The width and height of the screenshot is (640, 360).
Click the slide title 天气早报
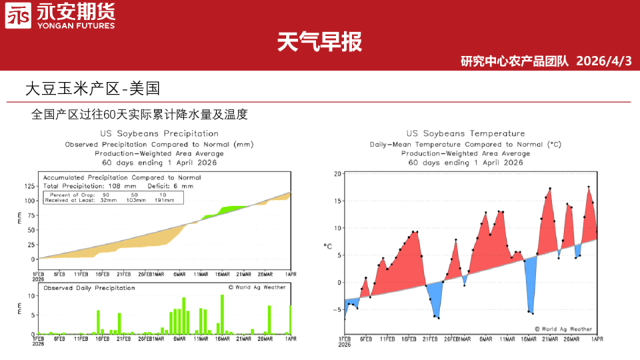(319, 42)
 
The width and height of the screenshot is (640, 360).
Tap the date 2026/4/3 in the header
(603, 61)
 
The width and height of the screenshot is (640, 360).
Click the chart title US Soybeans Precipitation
(159, 133)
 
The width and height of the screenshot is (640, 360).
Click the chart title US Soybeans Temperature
(465, 133)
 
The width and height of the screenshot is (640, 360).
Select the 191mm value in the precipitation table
(164, 200)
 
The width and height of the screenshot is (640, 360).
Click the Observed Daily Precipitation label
(89, 288)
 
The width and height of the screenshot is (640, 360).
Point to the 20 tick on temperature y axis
(337, 174)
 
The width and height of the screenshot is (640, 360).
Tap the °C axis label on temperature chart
(328, 247)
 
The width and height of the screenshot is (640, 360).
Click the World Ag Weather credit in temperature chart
(563, 329)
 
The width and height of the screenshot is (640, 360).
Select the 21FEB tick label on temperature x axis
(429, 339)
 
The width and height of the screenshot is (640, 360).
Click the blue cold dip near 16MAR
(530, 287)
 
